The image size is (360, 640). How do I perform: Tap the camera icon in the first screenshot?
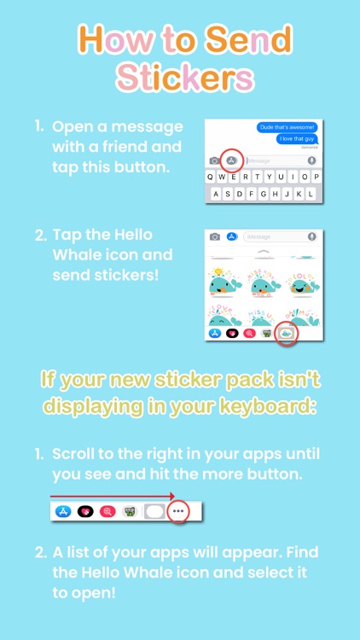pyautogui.click(x=213, y=160)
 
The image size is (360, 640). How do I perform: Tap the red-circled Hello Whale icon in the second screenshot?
pyautogui.click(x=287, y=333)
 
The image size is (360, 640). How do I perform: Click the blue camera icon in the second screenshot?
pyautogui.click(x=215, y=236)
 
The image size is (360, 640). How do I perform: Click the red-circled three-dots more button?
pyautogui.click(x=178, y=512)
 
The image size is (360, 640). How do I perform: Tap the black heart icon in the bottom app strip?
pyautogui.click(x=85, y=512)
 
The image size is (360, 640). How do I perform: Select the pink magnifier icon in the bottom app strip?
pyautogui.click(x=107, y=512)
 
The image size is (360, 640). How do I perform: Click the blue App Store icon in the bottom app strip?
pyautogui.click(x=62, y=512)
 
